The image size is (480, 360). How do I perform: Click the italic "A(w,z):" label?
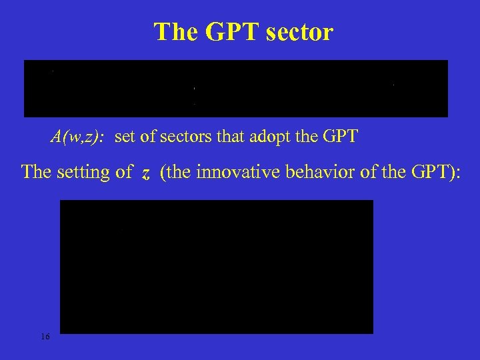click(x=77, y=138)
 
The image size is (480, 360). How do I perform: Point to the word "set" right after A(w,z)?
click(x=125, y=138)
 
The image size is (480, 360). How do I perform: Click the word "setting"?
click(x=84, y=172)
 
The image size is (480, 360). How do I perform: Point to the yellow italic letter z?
click(x=145, y=173)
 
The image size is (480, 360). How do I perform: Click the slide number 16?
click(x=45, y=337)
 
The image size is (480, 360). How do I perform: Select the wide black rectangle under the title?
click(x=236, y=88)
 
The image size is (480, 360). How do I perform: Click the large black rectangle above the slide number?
click(x=217, y=267)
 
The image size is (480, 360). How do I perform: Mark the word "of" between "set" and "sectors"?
click(x=146, y=138)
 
